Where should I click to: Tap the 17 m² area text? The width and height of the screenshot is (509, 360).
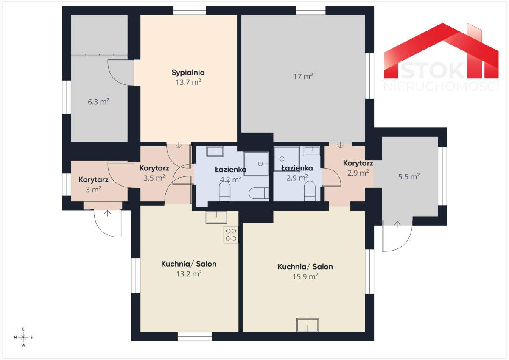[303, 76]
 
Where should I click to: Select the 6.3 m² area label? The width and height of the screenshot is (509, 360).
[98, 101]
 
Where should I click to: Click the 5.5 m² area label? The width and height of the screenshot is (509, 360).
[409, 176]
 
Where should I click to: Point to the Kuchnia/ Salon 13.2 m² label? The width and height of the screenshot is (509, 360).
[189, 269]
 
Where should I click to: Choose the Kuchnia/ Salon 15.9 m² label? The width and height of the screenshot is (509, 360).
[305, 271]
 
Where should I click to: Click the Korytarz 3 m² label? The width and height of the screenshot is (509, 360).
[93, 184]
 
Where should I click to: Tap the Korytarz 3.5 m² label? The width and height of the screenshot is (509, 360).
[154, 173]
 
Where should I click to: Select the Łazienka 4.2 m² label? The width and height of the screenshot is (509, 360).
[231, 174]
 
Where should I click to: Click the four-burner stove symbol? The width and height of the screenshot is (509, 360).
[231, 234]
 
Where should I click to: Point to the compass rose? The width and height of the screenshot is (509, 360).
[23, 337]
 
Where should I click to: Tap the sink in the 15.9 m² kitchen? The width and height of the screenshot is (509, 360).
[308, 325]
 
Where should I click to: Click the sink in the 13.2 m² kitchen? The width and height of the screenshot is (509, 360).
[216, 218]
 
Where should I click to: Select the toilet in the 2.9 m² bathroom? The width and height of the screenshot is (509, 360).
[310, 191]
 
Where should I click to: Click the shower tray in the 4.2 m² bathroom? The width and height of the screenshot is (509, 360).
[256, 164]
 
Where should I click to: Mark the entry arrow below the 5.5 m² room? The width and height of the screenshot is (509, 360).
[397, 224]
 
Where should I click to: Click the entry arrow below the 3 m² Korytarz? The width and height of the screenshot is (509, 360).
[107, 213]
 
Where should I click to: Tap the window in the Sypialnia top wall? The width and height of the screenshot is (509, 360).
[190, 11]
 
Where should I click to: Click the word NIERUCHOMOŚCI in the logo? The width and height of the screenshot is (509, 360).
[441, 87]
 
